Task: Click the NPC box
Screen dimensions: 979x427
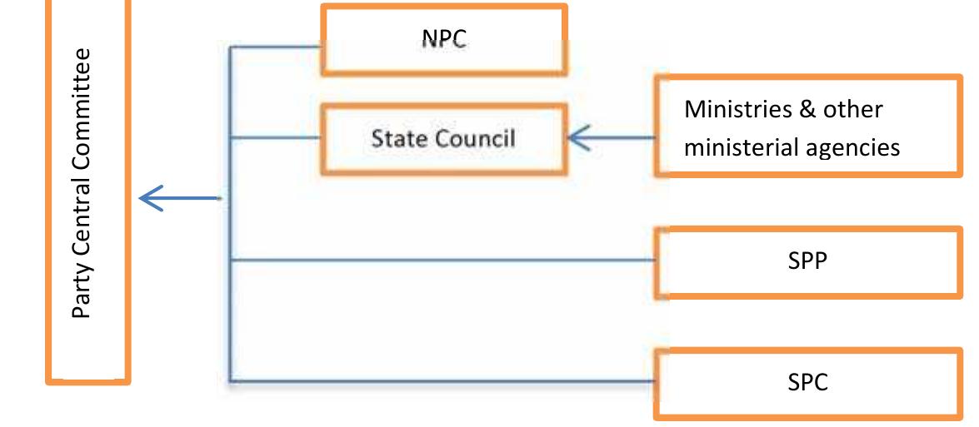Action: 444,40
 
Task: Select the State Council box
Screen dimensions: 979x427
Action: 444,139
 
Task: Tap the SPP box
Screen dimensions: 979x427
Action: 808,262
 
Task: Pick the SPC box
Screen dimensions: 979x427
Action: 808,383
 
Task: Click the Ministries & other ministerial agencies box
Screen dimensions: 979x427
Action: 808,127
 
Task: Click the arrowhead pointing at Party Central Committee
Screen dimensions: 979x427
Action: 151,198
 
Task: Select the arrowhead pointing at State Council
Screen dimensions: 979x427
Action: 579,138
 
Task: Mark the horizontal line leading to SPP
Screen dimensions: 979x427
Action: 442,260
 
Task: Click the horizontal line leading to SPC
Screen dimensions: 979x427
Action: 442,381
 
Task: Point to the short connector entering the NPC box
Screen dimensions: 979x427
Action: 275,47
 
